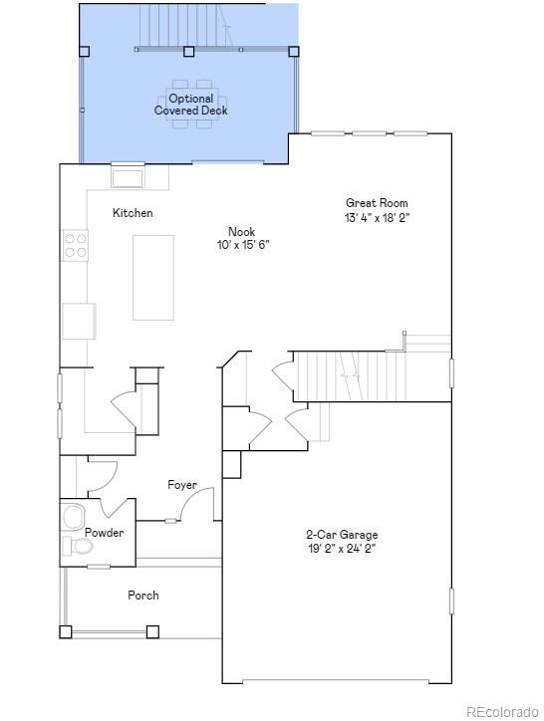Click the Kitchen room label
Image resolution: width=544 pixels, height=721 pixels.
click(x=133, y=213)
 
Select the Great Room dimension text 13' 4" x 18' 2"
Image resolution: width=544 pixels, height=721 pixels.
click(x=378, y=217)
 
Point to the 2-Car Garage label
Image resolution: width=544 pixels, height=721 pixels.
click(x=341, y=535)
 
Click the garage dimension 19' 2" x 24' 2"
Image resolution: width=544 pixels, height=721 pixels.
click(x=341, y=548)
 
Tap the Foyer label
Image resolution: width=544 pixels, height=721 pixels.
click(x=181, y=485)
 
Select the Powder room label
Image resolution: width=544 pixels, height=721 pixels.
click(x=104, y=533)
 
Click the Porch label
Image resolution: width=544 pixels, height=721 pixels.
click(x=142, y=596)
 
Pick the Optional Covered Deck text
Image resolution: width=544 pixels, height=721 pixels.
click(x=190, y=105)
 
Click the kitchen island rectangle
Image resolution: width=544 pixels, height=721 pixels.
click(x=153, y=277)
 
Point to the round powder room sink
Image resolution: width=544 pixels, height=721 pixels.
click(x=73, y=517)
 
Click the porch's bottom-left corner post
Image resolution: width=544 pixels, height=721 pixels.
click(x=66, y=630)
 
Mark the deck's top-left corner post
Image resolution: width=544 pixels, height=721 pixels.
click(x=84, y=51)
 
